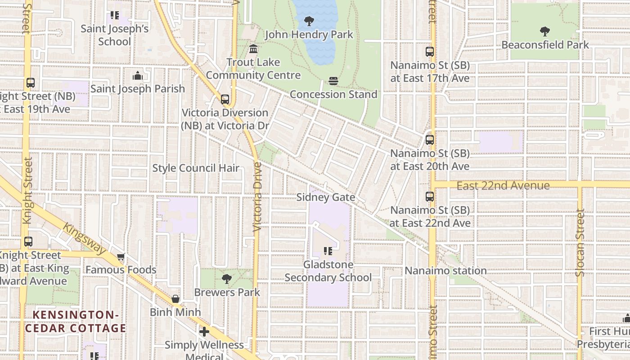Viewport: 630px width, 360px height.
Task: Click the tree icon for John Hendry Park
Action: point(309,21)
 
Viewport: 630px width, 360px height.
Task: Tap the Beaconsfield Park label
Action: point(545,45)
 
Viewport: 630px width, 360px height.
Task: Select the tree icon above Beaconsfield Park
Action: point(545,31)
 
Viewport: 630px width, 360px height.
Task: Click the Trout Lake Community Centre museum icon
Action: point(253,49)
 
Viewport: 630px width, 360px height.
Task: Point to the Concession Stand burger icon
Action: point(333,81)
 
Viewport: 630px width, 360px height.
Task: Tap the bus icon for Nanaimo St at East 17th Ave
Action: point(430,52)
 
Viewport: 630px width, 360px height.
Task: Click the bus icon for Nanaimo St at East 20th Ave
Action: point(430,140)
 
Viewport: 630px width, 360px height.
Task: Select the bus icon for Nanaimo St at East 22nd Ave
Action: point(430,197)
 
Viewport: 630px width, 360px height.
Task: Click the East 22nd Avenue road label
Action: point(503,185)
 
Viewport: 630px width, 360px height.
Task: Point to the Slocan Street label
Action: point(580,243)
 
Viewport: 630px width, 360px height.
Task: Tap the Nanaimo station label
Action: point(445,270)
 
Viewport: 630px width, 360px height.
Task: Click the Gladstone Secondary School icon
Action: point(328,251)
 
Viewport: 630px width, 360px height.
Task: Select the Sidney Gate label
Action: point(326,197)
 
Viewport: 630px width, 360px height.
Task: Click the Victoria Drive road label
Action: point(257,197)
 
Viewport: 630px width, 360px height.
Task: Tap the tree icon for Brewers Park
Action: point(227,279)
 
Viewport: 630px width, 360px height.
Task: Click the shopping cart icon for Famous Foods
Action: point(121,257)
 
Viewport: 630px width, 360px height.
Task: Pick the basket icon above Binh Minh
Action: point(175,299)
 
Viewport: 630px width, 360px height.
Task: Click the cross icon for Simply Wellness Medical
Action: point(204,332)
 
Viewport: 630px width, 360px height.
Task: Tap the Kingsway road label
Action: point(84,238)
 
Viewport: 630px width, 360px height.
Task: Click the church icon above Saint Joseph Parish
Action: point(138,76)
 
